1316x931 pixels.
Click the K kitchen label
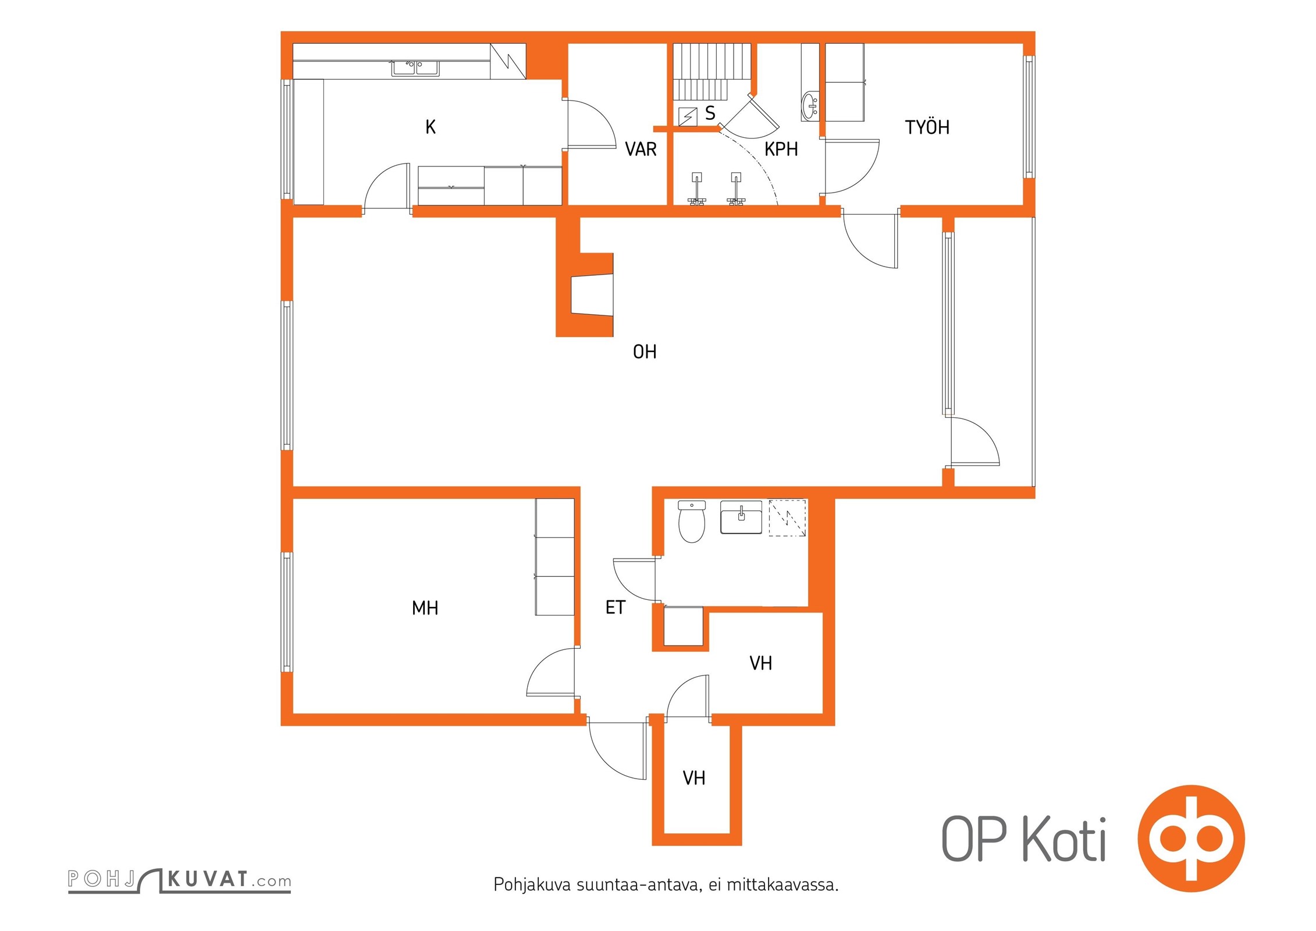click(x=431, y=127)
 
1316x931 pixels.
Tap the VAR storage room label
click(x=641, y=149)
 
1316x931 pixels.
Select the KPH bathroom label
click(x=781, y=149)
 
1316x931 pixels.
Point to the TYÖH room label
click(x=927, y=127)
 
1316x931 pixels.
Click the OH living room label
click(x=645, y=351)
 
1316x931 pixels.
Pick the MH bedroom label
click(x=425, y=608)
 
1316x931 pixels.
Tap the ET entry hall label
click(x=615, y=607)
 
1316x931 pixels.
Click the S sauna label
click(x=710, y=113)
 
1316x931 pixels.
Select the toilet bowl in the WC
click(x=692, y=521)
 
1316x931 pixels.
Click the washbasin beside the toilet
click(x=741, y=517)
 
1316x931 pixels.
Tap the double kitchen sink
click(x=415, y=68)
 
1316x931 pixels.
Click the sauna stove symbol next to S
click(x=688, y=116)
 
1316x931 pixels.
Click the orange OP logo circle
click(x=1191, y=838)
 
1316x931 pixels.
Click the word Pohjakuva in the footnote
click(x=532, y=884)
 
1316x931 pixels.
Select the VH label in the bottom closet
click(x=693, y=778)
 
